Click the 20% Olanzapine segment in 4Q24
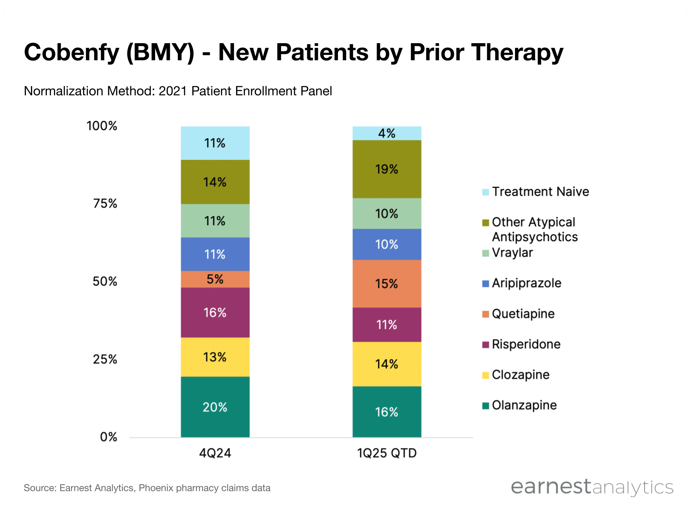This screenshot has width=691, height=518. coord(215,407)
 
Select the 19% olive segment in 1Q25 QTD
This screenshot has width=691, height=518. coord(387,169)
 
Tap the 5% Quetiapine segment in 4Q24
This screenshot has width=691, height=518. coord(215,279)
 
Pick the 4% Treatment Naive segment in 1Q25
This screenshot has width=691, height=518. coord(387,133)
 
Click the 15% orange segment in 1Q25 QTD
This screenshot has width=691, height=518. coord(387,283)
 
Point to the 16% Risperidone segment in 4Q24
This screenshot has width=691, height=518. coord(215,312)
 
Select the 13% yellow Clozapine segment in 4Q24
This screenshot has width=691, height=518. coord(215,357)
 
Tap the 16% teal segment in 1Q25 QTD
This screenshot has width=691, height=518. coord(387,412)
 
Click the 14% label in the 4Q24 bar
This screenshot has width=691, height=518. coord(215,182)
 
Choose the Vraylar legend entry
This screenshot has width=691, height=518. coord(512,253)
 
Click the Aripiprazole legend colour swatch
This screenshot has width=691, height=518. coord(485,283)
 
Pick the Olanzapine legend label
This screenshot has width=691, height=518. coord(524,405)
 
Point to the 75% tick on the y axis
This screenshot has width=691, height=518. coord(105,203)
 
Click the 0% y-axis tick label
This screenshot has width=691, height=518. coord(108,437)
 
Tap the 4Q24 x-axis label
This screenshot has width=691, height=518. coord(215,453)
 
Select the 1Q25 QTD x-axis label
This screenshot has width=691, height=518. coord(387,453)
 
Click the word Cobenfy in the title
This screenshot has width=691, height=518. coord(71,52)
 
